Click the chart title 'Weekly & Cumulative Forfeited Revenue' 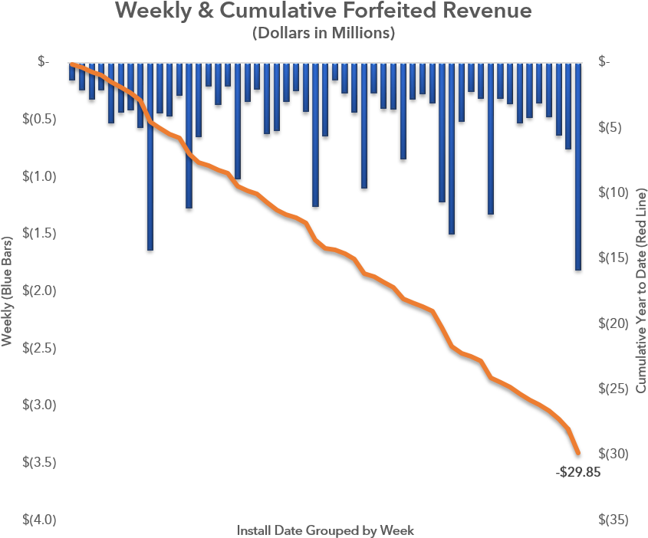click(324, 12)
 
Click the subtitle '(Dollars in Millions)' click(324, 34)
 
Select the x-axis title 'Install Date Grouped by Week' click(325, 530)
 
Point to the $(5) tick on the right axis click(610, 127)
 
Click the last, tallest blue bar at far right click(577, 169)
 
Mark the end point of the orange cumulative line click(577, 452)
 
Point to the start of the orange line click(71, 64)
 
